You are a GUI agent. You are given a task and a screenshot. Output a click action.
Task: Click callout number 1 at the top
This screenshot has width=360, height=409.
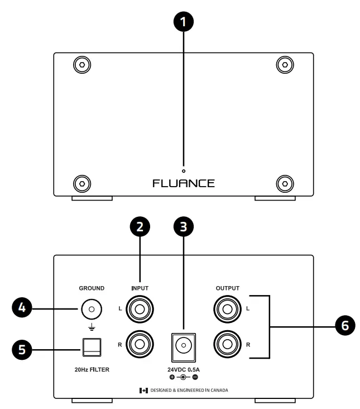(184, 22)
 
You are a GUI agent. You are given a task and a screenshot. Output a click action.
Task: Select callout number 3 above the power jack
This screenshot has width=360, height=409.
(184, 227)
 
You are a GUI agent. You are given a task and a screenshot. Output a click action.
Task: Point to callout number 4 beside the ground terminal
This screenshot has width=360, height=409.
(22, 307)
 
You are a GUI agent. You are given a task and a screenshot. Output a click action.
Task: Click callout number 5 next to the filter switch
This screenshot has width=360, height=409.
(22, 350)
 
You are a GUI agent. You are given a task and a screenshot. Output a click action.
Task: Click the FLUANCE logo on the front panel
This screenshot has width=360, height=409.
(184, 183)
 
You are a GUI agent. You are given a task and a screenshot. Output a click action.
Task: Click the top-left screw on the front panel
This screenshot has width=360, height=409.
(82, 65)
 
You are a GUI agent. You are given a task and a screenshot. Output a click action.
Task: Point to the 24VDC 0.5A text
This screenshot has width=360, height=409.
(184, 369)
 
